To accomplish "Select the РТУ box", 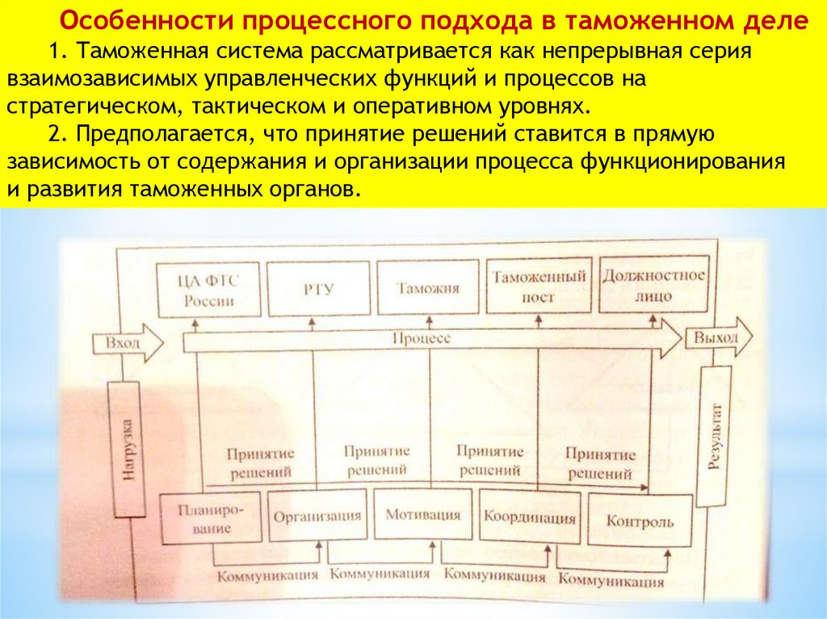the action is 313,290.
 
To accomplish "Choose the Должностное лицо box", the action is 653,285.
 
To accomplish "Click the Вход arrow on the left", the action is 128,343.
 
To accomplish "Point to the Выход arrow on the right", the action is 718,337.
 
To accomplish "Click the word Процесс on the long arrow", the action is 421,339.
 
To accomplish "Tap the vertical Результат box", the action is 716,436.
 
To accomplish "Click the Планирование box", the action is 212,517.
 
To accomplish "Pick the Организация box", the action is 316,517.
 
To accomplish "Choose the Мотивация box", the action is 423,515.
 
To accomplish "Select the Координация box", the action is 530,517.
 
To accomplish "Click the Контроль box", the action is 639,521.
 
